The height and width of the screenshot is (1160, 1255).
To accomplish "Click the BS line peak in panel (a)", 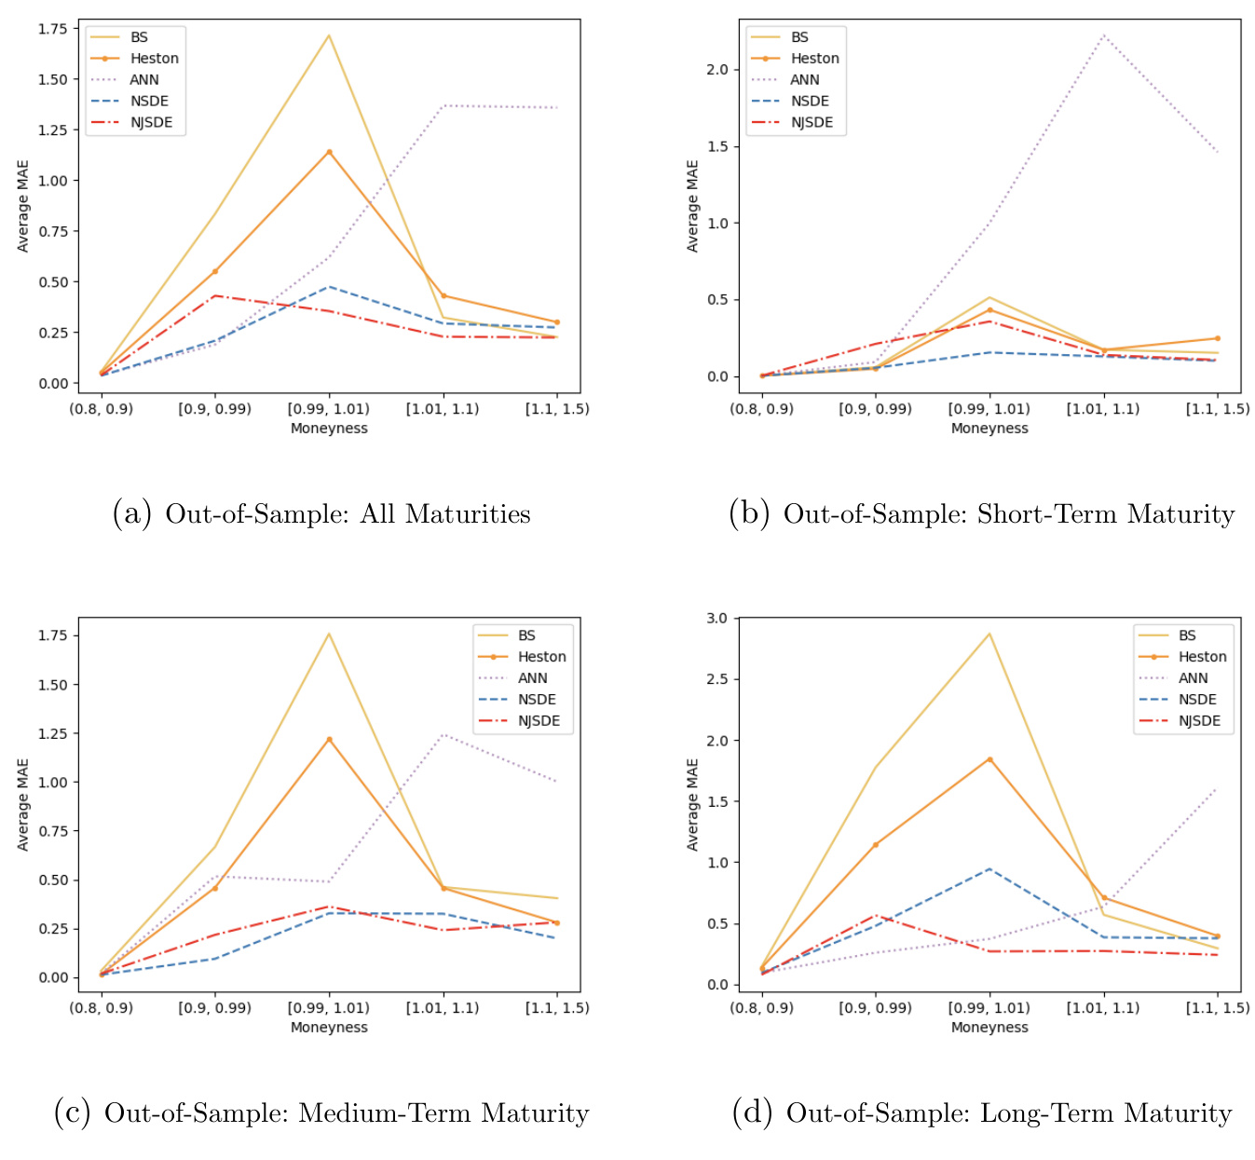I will [329, 35].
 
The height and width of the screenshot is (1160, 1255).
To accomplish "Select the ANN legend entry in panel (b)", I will [804, 79].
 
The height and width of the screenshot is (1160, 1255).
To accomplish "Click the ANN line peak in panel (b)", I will [1103, 35].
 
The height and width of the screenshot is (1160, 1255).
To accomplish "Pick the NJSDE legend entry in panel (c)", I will [539, 721].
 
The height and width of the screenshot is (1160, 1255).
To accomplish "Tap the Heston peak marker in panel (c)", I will [329, 740].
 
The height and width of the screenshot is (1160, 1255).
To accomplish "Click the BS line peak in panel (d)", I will [989, 634].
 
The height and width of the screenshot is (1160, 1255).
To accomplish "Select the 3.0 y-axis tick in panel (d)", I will [717, 619].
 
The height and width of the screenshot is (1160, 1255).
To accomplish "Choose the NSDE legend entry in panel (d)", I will [1197, 700].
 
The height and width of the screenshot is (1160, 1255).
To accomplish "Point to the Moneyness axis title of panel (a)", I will [329, 429].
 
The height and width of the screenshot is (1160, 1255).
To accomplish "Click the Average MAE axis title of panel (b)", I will [692, 206].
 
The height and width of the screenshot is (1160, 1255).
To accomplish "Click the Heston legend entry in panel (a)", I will [154, 58].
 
